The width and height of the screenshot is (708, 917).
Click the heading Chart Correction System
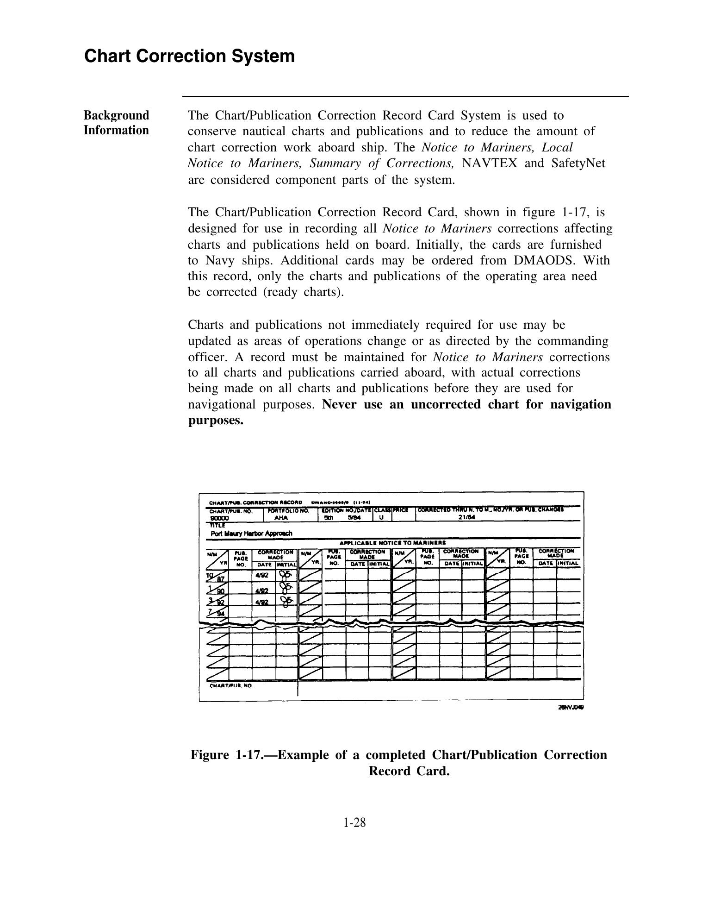pos(189,56)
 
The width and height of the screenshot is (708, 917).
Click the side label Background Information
pos(116,123)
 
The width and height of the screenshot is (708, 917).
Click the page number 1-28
pos(354,823)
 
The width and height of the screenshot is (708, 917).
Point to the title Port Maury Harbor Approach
pos(251,533)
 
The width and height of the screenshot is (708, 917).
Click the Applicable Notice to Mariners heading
pos(392,542)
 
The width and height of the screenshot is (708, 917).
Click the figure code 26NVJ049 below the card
pos(571,707)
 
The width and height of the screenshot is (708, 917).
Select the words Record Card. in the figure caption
pos(409,771)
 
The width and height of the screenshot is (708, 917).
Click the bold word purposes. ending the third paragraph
pos(215,421)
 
